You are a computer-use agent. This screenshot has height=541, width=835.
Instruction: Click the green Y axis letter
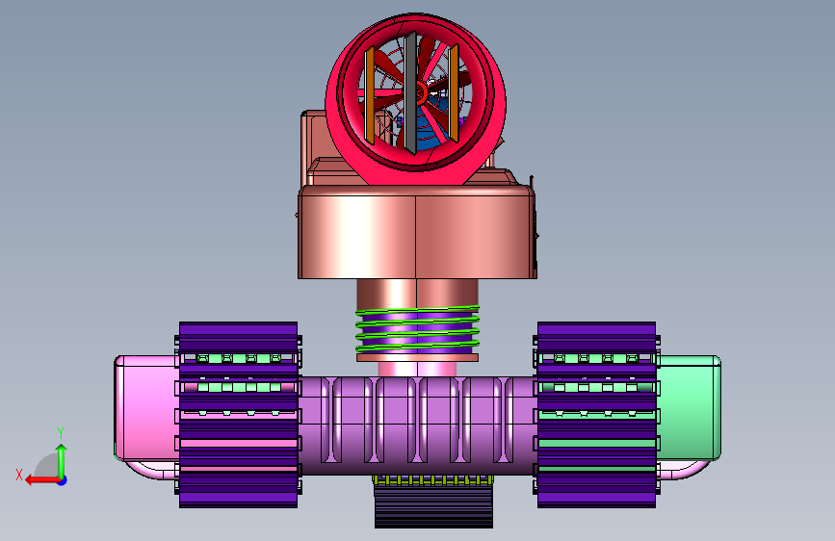[x=61, y=433]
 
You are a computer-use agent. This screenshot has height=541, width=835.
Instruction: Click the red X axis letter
[x=19, y=475]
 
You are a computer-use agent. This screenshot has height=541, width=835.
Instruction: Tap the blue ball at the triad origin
[x=62, y=480]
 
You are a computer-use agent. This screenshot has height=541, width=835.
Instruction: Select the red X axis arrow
[x=42, y=480]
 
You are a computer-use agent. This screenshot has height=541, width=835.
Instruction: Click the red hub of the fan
[x=420, y=92]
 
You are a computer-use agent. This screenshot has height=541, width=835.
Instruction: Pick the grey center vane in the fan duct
[x=410, y=93]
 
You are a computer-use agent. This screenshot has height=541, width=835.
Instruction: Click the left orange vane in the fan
[x=369, y=95]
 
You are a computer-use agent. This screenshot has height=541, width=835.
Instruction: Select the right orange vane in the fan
[x=454, y=93]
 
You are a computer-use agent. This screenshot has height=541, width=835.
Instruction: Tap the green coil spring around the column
[x=418, y=328]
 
